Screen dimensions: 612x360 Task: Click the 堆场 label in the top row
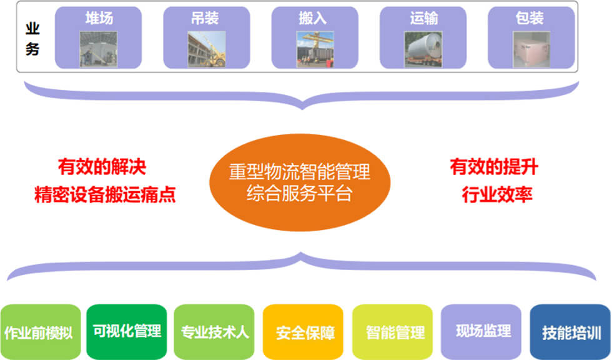click(99, 18)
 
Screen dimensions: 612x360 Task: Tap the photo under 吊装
click(207, 49)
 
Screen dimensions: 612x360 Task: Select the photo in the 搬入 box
click(315, 49)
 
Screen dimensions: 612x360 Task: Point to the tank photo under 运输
click(423, 49)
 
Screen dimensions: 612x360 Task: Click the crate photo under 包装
click(531, 49)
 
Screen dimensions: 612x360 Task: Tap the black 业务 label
click(32, 39)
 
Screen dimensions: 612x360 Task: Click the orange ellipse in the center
click(300, 182)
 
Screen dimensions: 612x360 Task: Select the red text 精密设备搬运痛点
click(105, 194)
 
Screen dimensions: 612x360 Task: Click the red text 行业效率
click(497, 194)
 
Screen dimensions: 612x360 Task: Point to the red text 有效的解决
click(102, 167)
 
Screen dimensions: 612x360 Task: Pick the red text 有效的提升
click(494, 167)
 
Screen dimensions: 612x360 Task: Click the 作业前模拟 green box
click(41, 332)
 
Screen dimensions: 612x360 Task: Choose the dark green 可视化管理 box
click(126, 332)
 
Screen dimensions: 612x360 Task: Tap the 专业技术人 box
click(214, 332)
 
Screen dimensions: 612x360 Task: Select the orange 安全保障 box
click(304, 332)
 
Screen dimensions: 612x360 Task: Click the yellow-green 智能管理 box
click(392, 332)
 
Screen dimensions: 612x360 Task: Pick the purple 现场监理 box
click(481, 332)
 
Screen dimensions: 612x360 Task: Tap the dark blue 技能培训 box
click(570, 332)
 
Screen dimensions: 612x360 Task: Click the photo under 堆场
click(99, 49)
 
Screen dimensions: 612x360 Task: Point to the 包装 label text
click(530, 18)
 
